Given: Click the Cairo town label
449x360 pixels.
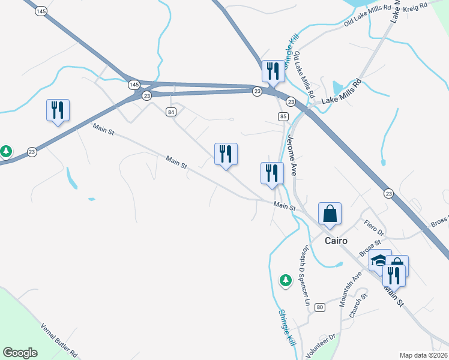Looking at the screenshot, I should click(336, 241).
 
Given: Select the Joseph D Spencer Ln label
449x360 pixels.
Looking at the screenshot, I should click(304, 275).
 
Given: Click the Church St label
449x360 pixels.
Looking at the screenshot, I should click(358, 307).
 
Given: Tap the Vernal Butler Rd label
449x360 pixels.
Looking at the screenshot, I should click(59, 341).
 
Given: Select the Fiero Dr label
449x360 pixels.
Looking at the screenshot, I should click(374, 226).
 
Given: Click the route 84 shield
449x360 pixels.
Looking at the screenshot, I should click(172, 112).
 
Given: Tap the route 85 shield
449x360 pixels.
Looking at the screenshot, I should click(283, 116).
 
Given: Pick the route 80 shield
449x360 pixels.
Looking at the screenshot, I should click(319, 307).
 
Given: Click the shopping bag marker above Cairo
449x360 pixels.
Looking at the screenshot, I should click(330, 214).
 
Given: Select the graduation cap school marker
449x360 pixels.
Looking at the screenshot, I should click(379, 260).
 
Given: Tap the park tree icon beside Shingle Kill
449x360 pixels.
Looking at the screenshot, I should click(286, 279).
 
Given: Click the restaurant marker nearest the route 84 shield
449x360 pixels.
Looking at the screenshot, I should click(226, 155).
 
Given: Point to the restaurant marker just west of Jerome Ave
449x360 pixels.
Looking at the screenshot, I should click(272, 174).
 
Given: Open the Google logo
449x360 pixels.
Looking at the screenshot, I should click(20, 353).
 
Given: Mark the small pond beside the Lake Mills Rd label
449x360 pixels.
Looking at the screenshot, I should click(337, 88).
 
